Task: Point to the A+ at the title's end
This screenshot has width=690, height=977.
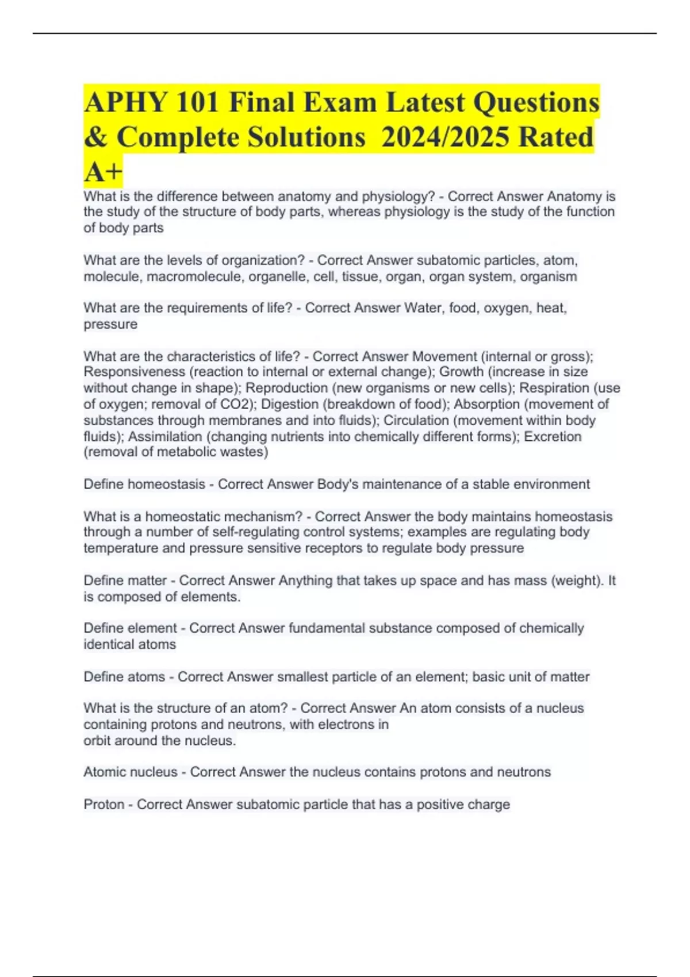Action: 103,171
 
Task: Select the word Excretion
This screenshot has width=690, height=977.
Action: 553,436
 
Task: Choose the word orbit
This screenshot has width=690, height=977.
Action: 97,741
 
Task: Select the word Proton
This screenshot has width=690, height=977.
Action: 104,805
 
